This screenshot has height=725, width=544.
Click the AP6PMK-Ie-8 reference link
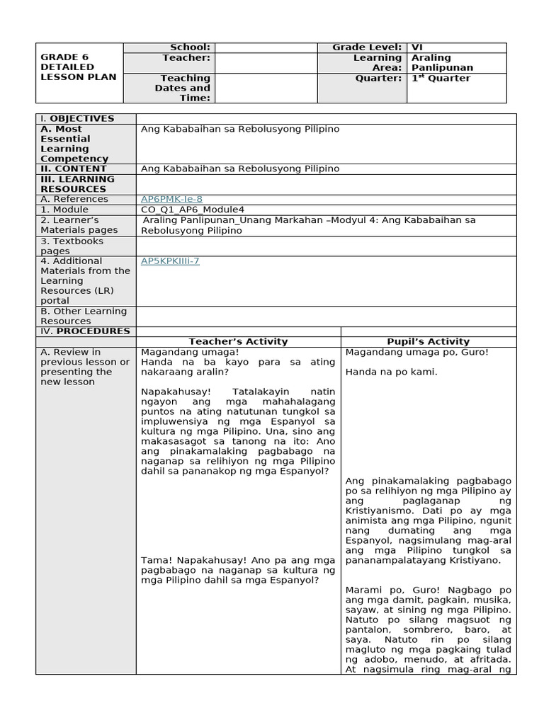pos(171,200)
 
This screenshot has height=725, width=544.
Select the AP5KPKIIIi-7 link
pos(170,261)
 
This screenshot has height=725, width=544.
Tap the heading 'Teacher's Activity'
pos(238,341)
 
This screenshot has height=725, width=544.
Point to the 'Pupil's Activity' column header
pos(429,341)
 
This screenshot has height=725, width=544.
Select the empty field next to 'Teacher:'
pos(265,62)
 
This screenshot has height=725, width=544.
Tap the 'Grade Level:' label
pos(367,47)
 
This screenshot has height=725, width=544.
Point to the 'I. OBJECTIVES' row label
pos(77,119)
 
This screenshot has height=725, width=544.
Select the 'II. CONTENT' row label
pos(74,169)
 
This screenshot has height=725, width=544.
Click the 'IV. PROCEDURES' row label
pos(85,331)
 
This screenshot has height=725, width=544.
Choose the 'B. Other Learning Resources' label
pos(84,316)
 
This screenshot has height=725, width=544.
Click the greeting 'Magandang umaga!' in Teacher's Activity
pos(180,352)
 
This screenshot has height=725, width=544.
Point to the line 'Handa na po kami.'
pos(391,372)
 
